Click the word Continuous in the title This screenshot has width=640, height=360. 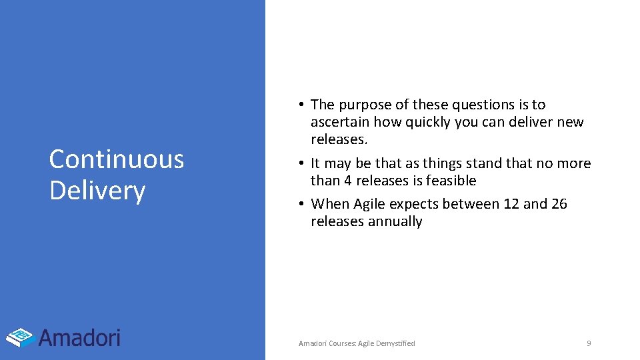(x=117, y=159)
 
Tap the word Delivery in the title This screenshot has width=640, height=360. (x=97, y=191)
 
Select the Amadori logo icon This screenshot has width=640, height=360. (x=21, y=337)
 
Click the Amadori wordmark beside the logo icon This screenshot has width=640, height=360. (x=79, y=337)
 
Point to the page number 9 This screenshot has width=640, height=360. (x=589, y=343)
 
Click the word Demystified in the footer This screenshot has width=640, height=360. (x=395, y=343)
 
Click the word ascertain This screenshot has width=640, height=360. (x=340, y=122)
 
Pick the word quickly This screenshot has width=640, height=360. (x=431, y=122)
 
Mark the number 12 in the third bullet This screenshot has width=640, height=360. (x=511, y=204)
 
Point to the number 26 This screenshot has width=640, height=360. (x=559, y=204)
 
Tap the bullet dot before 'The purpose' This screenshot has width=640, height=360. (x=302, y=105)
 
